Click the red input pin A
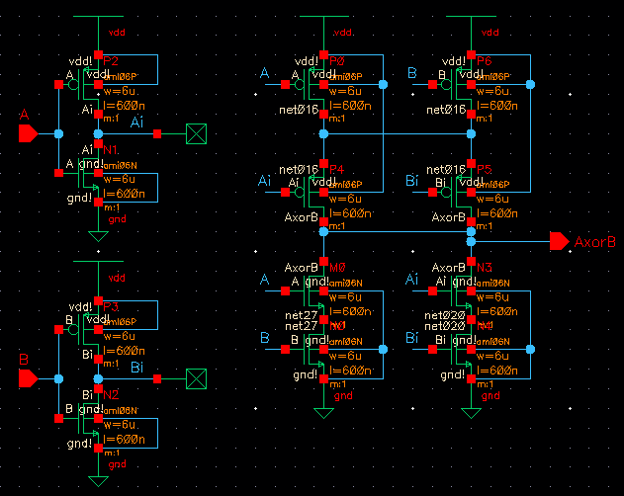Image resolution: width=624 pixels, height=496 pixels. click(x=28, y=132)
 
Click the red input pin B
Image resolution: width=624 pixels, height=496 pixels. click(x=28, y=377)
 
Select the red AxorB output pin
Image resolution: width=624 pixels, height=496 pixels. click(x=559, y=241)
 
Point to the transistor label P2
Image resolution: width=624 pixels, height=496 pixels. click(x=110, y=61)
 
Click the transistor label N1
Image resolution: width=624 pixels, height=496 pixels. click(x=110, y=149)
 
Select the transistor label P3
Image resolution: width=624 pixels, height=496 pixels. click(x=110, y=307)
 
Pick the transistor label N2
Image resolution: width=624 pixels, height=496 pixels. click(x=110, y=394)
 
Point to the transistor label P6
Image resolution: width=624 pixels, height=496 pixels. click(x=485, y=61)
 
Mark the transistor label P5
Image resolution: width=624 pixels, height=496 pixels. click(x=485, y=169)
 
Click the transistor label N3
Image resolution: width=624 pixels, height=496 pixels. click(x=485, y=268)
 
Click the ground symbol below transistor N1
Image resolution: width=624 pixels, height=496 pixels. click(x=98, y=236)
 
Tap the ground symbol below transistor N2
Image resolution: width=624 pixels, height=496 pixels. click(x=98, y=481)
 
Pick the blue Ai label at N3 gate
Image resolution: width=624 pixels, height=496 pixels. click(x=414, y=281)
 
